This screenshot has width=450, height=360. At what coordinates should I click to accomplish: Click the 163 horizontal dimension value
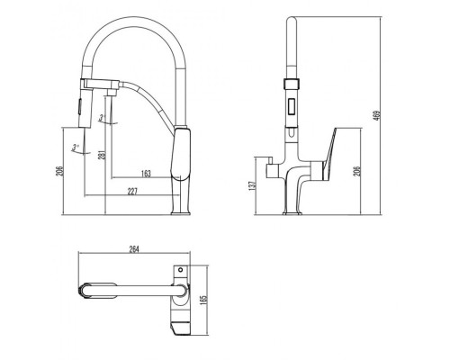[x=144, y=173]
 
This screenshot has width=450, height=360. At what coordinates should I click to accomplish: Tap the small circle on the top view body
[x=180, y=269]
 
